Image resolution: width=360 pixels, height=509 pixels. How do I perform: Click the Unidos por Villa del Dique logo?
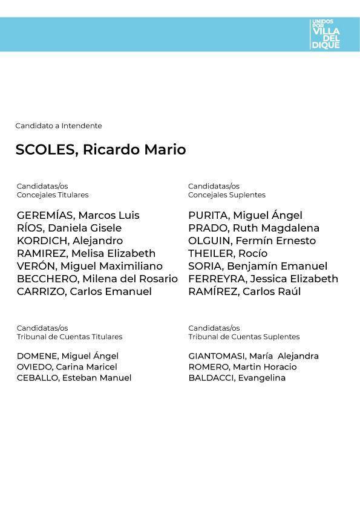pyautogui.click(x=326, y=34)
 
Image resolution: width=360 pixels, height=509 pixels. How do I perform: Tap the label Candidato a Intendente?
pyautogui.click(x=59, y=126)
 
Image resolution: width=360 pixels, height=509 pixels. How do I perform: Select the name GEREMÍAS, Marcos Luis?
pyautogui.click(x=78, y=216)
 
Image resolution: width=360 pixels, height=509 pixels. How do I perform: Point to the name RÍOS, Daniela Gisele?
pyautogui.click(x=69, y=229)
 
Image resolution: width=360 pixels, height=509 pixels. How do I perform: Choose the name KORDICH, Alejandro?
pyautogui.click(x=70, y=241)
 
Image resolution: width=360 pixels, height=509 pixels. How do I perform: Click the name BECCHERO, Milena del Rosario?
pyautogui.click(x=97, y=279)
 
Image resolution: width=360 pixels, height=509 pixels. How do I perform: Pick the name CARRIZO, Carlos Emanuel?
pyautogui.click(x=84, y=292)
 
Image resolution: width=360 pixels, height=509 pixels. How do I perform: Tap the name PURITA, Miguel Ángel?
pyautogui.click(x=245, y=216)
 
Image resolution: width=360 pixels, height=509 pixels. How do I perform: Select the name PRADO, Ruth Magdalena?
pyautogui.click(x=254, y=229)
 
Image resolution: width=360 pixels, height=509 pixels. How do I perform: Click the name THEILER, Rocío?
pyautogui.click(x=227, y=254)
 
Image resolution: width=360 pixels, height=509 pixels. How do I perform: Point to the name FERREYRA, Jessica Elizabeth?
pyautogui.click(x=263, y=279)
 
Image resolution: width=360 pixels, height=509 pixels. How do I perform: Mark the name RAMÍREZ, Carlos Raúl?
pyautogui.click(x=244, y=292)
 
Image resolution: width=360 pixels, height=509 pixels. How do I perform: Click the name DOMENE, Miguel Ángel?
pyautogui.click(x=68, y=356)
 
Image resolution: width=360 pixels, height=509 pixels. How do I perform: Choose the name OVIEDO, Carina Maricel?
pyautogui.click(x=67, y=367)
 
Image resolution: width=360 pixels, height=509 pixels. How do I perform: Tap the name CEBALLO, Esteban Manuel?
pyautogui.click(x=74, y=378)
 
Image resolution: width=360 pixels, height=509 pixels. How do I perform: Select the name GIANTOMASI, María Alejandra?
pyautogui.click(x=254, y=356)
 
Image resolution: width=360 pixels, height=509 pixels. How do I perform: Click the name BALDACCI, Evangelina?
pyautogui.click(x=237, y=378)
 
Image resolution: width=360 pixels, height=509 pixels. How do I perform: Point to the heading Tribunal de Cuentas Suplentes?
pyautogui.click(x=244, y=337)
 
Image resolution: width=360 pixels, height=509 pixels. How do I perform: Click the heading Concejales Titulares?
pyautogui.click(x=53, y=195)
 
